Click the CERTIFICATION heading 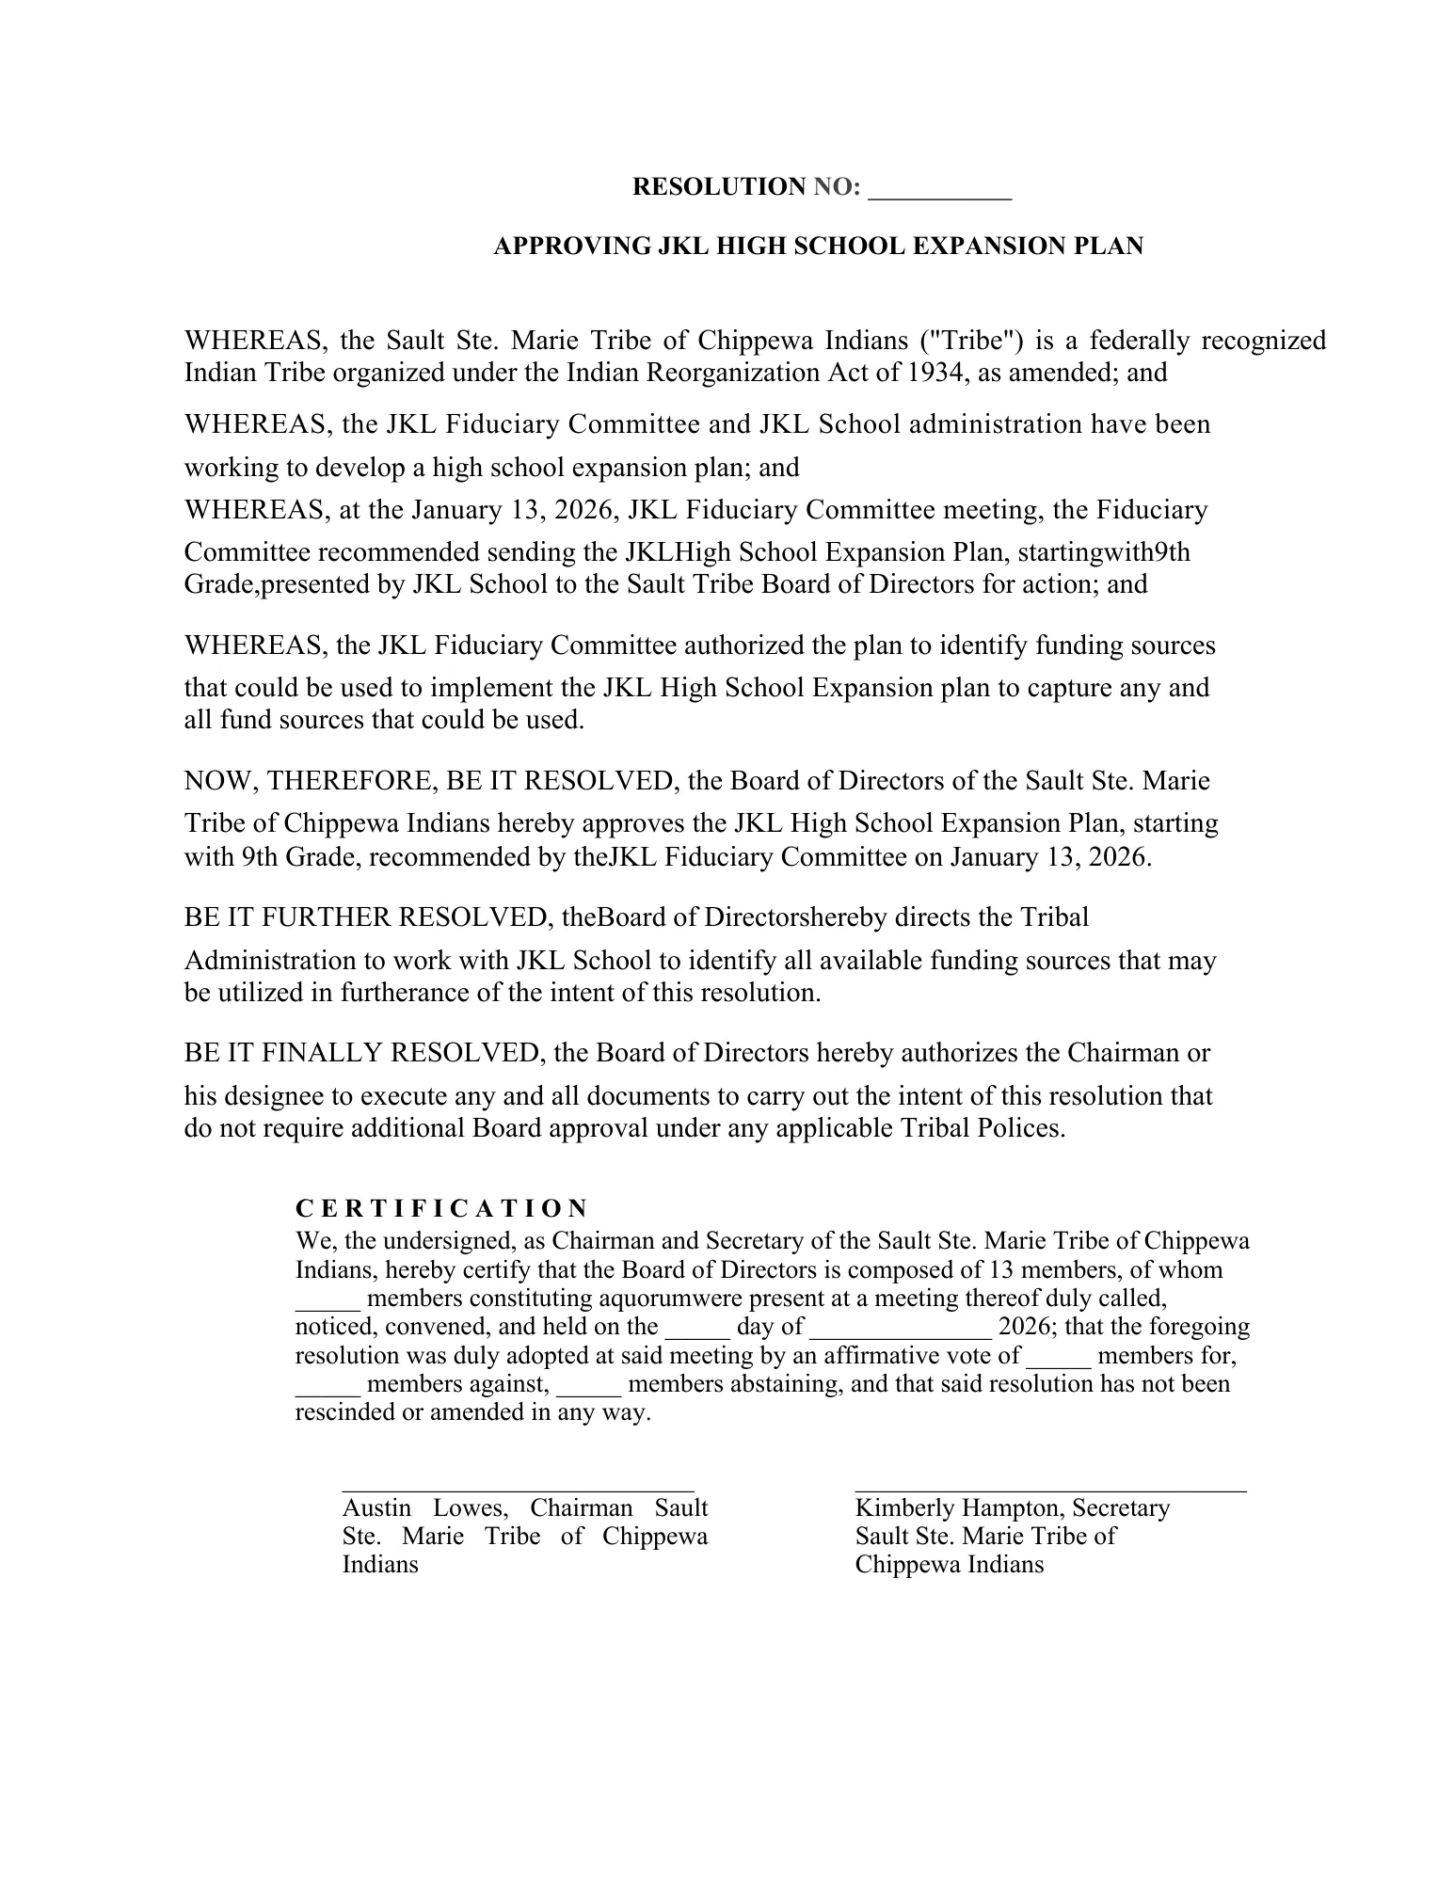[x=442, y=1209]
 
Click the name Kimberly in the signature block [x=898, y=1509]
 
